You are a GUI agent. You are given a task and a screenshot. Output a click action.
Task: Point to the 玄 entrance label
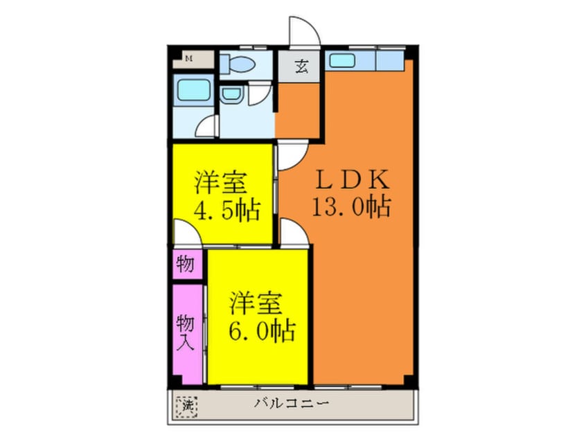tap(301, 67)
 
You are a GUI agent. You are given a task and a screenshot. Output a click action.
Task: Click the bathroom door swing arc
tap(206, 127)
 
